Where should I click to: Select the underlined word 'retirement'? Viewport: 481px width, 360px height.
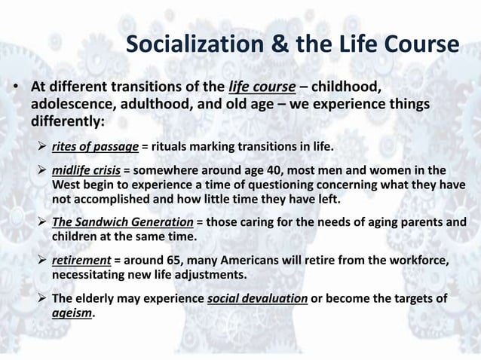pyautogui.click(x=81, y=260)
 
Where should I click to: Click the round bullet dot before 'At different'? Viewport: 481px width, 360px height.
pyautogui.click(x=16, y=87)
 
